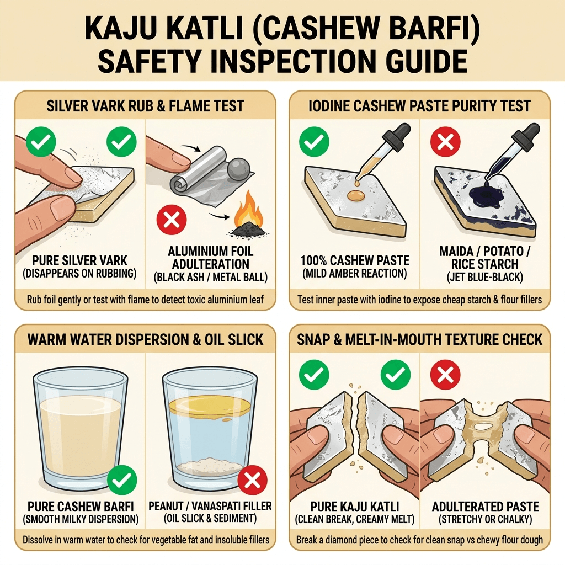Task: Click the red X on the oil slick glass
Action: pyautogui.click(x=252, y=480)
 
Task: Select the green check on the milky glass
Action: pyautogui.click(x=122, y=480)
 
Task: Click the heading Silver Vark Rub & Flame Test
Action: pyautogui.click(x=145, y=106)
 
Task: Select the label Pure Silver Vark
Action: pyautogui.click(x=79, y=260)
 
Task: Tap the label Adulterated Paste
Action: pyautogui.click(x=486, y=507)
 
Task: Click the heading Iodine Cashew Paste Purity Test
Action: pyautogui.click(x=419, y=106)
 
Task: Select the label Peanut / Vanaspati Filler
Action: pyautogui.click(x=210, y=506)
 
